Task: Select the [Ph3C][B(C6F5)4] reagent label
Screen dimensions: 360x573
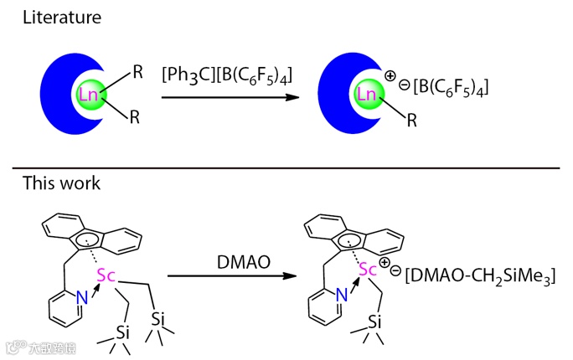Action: [x=229, y=78]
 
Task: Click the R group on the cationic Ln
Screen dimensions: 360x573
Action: [x=411, y=121]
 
